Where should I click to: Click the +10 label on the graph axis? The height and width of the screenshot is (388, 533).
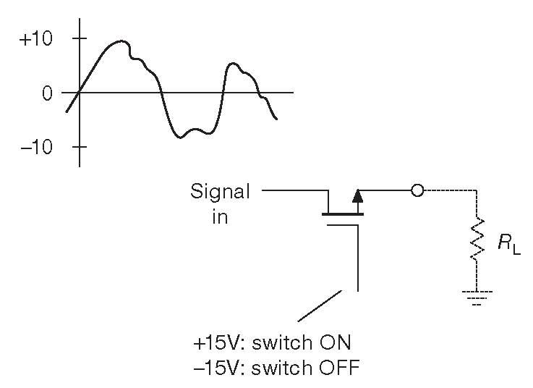(36, 38)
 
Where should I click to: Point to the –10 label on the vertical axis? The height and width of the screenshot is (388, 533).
(36, 147)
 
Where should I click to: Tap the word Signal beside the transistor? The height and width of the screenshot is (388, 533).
(220, 192)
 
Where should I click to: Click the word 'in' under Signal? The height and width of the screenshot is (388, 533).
(220, 216)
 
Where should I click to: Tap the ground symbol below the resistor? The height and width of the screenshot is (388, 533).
(476, 297)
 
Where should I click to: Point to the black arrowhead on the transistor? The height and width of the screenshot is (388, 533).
(357, 195)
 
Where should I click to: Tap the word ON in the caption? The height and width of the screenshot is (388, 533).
(335, 342)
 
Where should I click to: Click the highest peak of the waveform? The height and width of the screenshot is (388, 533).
(121, 41)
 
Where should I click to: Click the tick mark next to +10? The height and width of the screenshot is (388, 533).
(79, 38)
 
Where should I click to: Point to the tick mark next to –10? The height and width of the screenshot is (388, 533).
(79, 147)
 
